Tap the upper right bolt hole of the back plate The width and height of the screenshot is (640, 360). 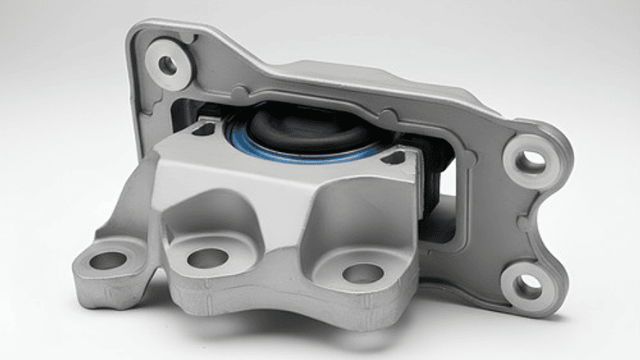(x=533, y=161)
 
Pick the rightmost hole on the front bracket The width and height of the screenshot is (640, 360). (x=362, y=273)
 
